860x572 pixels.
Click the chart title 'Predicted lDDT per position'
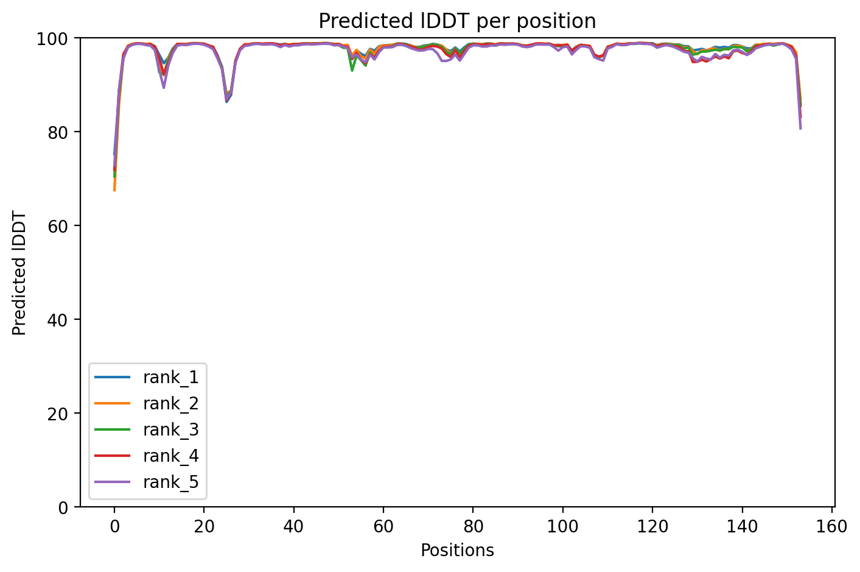[x=457, y=21]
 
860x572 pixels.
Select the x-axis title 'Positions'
[x=457, y=551]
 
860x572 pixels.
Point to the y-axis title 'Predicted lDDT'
[x=19, y=273]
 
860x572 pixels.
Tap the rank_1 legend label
[x=170, y=378]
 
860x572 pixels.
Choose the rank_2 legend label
[x=170, y=404]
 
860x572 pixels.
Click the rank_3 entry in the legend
[x=170, y=430]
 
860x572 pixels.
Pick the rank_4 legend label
[x=170, y=456]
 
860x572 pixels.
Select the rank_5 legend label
[x=170, y=482]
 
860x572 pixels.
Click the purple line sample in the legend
[x=113, y=482]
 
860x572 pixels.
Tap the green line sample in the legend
[x=113, y=430]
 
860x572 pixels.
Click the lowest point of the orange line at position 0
[x=114, y=190]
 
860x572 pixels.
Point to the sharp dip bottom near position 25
[x=226, y=101]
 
